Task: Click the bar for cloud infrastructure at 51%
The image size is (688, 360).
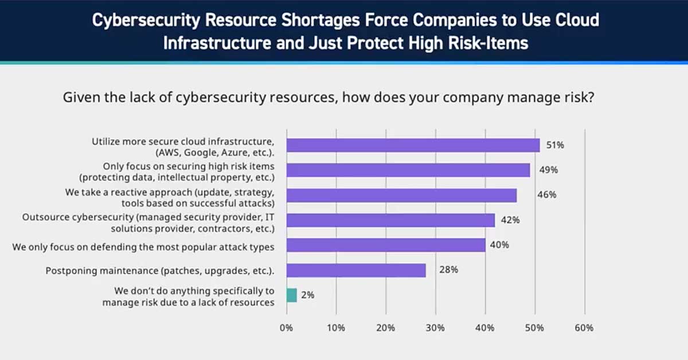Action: pyautogui.click(x=413, y=145)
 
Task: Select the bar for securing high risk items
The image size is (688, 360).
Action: pyautogui.click(x=408, y=170)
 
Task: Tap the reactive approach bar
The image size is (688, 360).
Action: pyautogui.click(x=401, y=195)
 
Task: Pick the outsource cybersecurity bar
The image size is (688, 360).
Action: pyautogui.click(x=390, y=220)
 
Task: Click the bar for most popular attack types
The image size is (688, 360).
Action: pyautogui.click(x=385, y=245)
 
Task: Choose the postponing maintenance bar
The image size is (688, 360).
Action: pyautogui.click(x=355, y=270)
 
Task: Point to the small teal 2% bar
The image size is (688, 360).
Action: pyautogui.click(x=291, y=295)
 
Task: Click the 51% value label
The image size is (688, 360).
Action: pyautogui.click(x=555, y=145)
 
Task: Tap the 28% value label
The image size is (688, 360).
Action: pyautogui.click(x=448, y=270)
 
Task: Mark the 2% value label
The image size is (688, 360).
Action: pyautogui.click(x=307, y=295)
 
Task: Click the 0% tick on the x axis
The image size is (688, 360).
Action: pyautogui.click(x=286, y=328)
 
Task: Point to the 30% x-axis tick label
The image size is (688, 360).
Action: pyautogui.click(x=435, y=328)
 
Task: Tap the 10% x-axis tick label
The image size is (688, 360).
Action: pyautogui.click(x=336, y=328)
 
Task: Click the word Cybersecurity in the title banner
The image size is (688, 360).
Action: pyautogui.click(x=146, y=21)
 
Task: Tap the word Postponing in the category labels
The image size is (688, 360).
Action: pyautogui.click(x=71, y=271)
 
